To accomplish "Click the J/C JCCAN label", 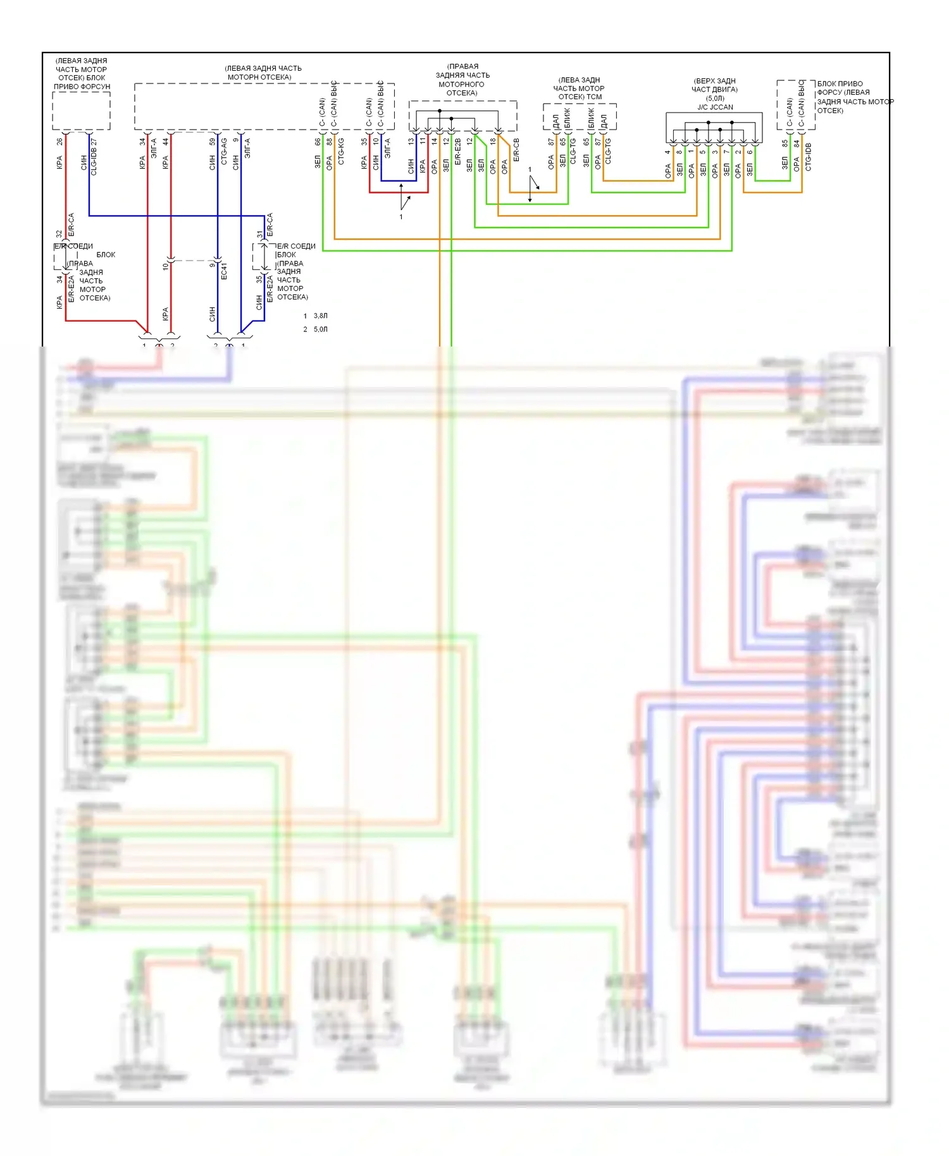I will point(715,107).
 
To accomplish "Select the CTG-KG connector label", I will point(341,152).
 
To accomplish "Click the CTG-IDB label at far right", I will point(808,157).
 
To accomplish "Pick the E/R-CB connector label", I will point(516,150).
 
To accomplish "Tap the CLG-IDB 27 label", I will point(94,157).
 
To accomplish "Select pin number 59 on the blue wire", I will point(213,142).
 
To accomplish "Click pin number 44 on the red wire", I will point(166,142).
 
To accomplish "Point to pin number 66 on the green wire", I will point(318,142).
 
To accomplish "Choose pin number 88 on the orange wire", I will point(329,142).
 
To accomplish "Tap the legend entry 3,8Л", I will point(320,316).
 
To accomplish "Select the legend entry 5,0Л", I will point(320,329).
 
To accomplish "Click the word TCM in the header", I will point(594,97).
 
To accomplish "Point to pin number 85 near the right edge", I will point(785,144).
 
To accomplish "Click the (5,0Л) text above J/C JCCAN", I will point(715,98).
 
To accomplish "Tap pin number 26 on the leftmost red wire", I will point(59,142).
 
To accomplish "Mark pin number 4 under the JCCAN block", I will point(667,152).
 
